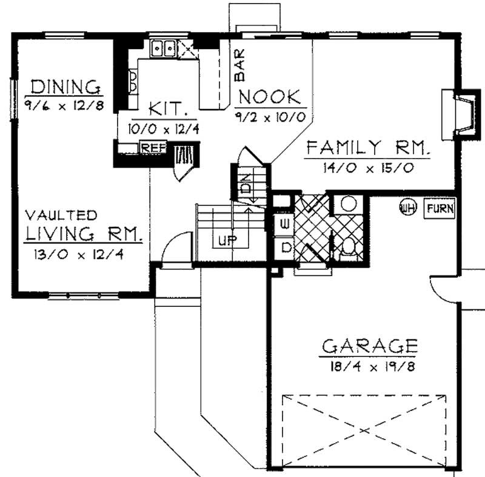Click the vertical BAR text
[x=240, y=69]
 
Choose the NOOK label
[x=269, y=97]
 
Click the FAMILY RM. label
[x=367, y=148]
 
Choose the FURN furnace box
[x=440, y=209]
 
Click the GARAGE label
[x=369, y=347]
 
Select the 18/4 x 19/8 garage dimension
[x=369, y=366]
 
